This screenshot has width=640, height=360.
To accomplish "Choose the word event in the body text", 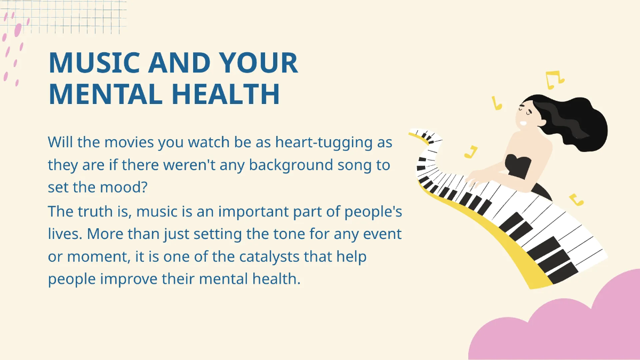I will (383, 234).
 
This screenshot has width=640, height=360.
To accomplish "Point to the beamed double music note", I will (554, 79).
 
